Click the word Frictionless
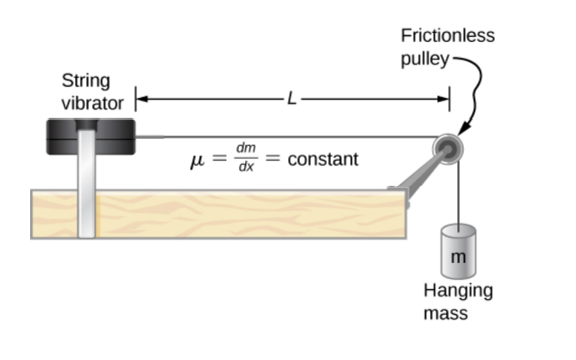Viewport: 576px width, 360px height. [x=447, y=36]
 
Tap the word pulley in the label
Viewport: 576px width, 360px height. [x=424, y=59]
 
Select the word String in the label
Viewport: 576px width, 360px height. [x=85, y=81]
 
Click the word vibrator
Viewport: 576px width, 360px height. [x=93, y=104]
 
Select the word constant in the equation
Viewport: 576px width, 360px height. [x=322, y=159]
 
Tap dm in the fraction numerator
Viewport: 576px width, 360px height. [x=245, y=148]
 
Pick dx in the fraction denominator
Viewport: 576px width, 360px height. [x=245, y=167]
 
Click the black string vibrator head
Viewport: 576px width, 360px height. [x=90, y=136]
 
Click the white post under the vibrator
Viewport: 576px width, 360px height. [x=87, y=193]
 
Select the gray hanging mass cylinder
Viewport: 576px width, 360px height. [x=458, y=251]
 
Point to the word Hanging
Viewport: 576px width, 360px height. [x=458, y=291]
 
